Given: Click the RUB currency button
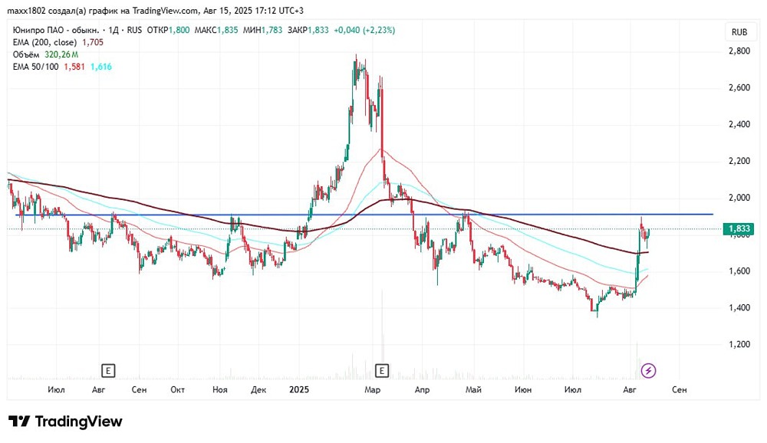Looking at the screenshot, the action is (x=739, y=32).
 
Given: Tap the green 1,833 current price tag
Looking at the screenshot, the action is (x=739, y=229).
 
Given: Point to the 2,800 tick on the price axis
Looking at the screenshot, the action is (x=739, y=51).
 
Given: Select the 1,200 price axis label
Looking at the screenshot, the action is (x=739, y=344).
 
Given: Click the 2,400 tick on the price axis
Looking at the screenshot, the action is (x=739, y=124).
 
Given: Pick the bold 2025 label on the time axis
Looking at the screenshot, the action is (x=299, y=389).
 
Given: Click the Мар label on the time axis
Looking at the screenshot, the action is (x=372, y=389).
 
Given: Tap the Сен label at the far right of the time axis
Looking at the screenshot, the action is (x=680, y=389).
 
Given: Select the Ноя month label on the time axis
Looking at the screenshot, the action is (x=220, y=389).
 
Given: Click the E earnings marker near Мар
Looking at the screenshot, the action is (x=381, y=371).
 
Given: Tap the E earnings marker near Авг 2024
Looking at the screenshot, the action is (x=107, y=371).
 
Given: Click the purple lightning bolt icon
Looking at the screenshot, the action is (x=648, y=371).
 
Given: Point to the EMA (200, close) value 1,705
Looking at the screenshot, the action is (x=93, y=43).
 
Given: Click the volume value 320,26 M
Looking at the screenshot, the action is (x=61, y=54).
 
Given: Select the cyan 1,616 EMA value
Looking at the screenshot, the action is (x=101, y=67).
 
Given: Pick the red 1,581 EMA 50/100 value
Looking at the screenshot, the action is (x=74, y=67).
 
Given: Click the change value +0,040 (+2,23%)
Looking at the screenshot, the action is (x=364, y=31).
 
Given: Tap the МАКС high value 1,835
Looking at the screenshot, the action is (x=227, y=31).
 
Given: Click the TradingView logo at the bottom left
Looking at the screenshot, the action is (x=65, y=422).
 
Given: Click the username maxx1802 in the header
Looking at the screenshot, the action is (x=26, y=11).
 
